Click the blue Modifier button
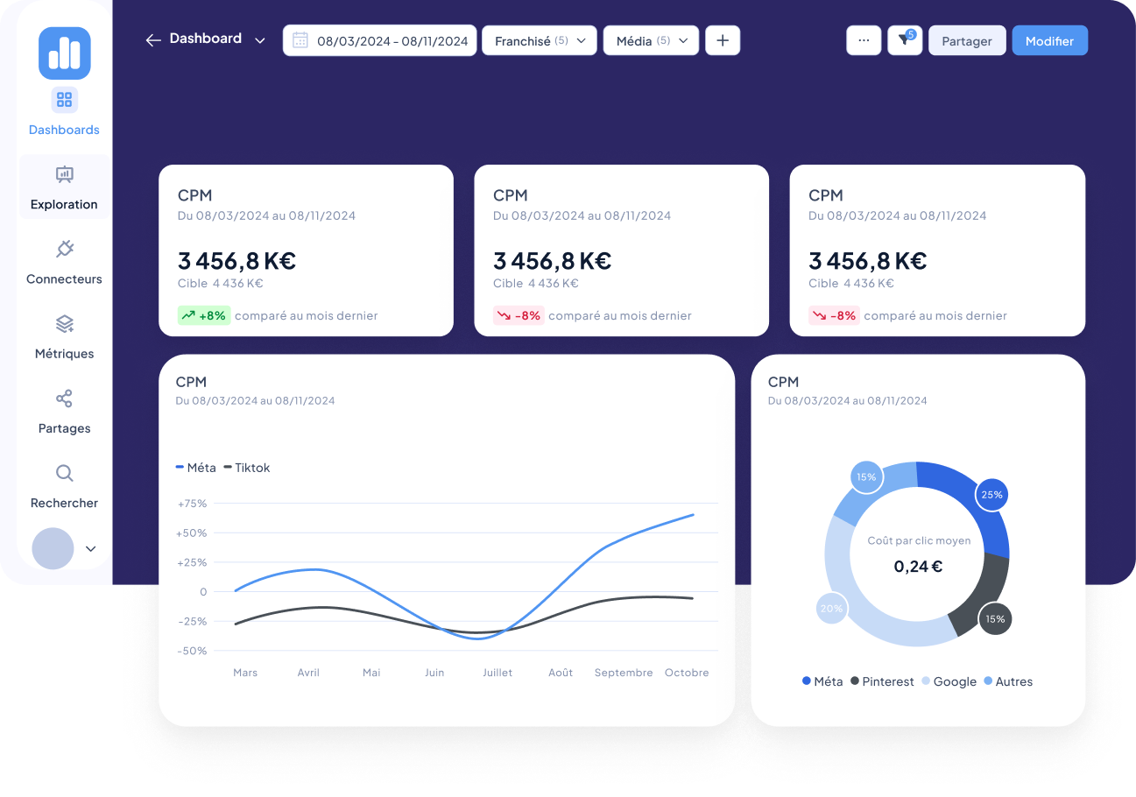pyautogui.click(x=1049, y=41)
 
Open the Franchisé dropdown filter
pyautogui.click(x=539, y=40)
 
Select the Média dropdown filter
pyautogui.click(x=650, y=40)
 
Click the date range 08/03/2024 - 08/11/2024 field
pyautogui.click(x=379, y=40)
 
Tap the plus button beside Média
pyautogui.click(x=723, y=40)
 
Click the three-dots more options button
pyautogui.click(x=864, y=40)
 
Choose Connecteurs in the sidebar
pyautogui.click(x=64, y=263)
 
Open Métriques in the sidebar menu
pyautogui.click(x=64, y=337)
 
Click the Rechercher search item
pyautogui.click(x=64, y=486)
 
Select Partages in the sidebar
pyautogui.click(x=64, y=412)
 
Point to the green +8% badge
pyautogui.click(x=203, y=315)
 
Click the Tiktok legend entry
pyautogui.click(x=247, y=468)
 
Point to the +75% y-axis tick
pyautogui.click(x=192, y=504)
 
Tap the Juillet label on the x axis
pyautogui.click(x=497, y=673)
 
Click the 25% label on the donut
pyautogui.click(x=991, y=495)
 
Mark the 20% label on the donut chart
pyautogui.click(x=831, y=608)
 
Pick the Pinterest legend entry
pyautogui.click(x=882, y=681)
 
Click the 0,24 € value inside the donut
pyautogui.click(x=918, y=567)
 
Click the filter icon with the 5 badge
pyautogui.click(x=904, y=40)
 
